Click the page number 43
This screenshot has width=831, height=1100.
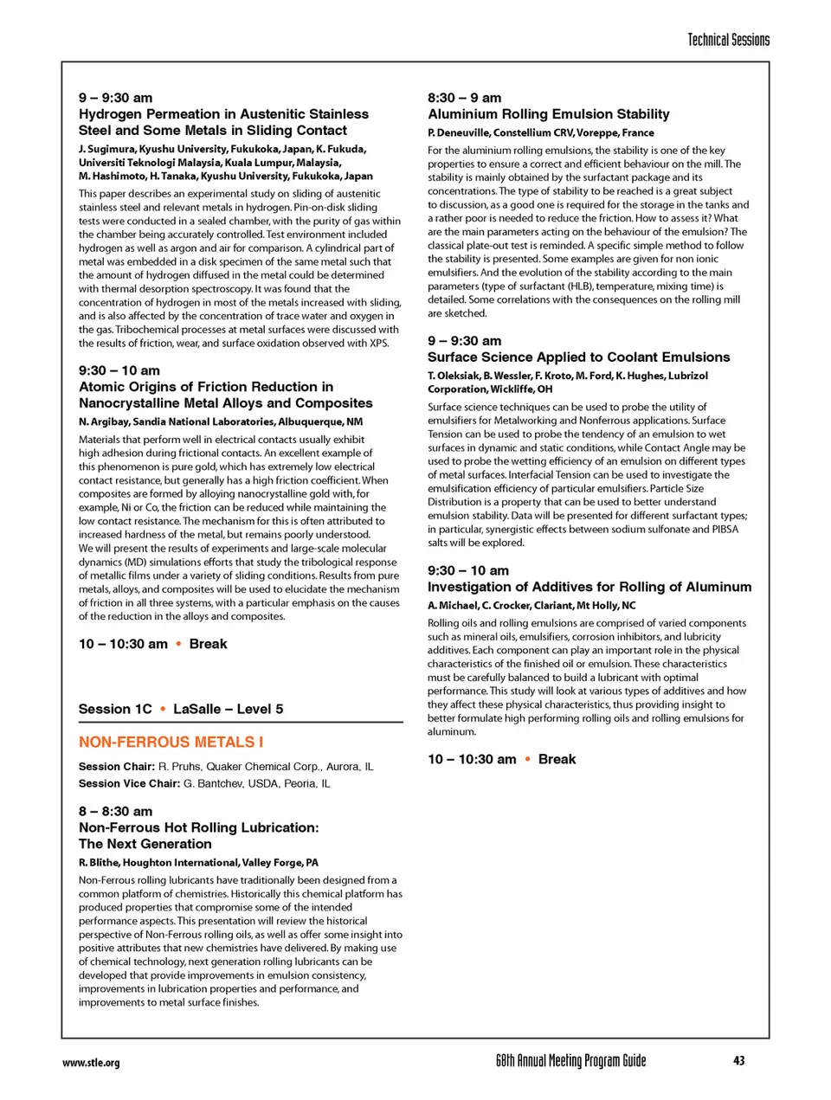[738, 1061]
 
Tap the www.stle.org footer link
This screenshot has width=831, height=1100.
[91, 1063]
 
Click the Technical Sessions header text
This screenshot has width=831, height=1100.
[728, 40]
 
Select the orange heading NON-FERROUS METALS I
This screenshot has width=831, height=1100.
[171, 742]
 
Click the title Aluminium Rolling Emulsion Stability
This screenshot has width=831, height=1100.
[548, 114]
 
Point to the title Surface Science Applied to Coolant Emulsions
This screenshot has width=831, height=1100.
[578, 357]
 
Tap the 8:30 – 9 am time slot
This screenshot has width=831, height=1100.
[464, 98]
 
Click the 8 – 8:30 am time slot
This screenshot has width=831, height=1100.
[115, 811]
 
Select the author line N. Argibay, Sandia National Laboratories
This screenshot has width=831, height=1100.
[221, 421]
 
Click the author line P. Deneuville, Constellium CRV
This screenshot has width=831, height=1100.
[540, 132]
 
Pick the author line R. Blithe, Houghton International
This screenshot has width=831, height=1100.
[198, 862]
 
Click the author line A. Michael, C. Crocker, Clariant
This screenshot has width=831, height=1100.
[531, 605]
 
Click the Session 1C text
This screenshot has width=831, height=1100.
[115, 709]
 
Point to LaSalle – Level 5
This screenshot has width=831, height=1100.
[228, 709]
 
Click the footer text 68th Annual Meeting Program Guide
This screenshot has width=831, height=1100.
[570, 1061]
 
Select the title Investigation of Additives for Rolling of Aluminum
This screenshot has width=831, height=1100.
[589, 587]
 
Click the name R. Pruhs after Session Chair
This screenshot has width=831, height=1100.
[180, 766]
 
